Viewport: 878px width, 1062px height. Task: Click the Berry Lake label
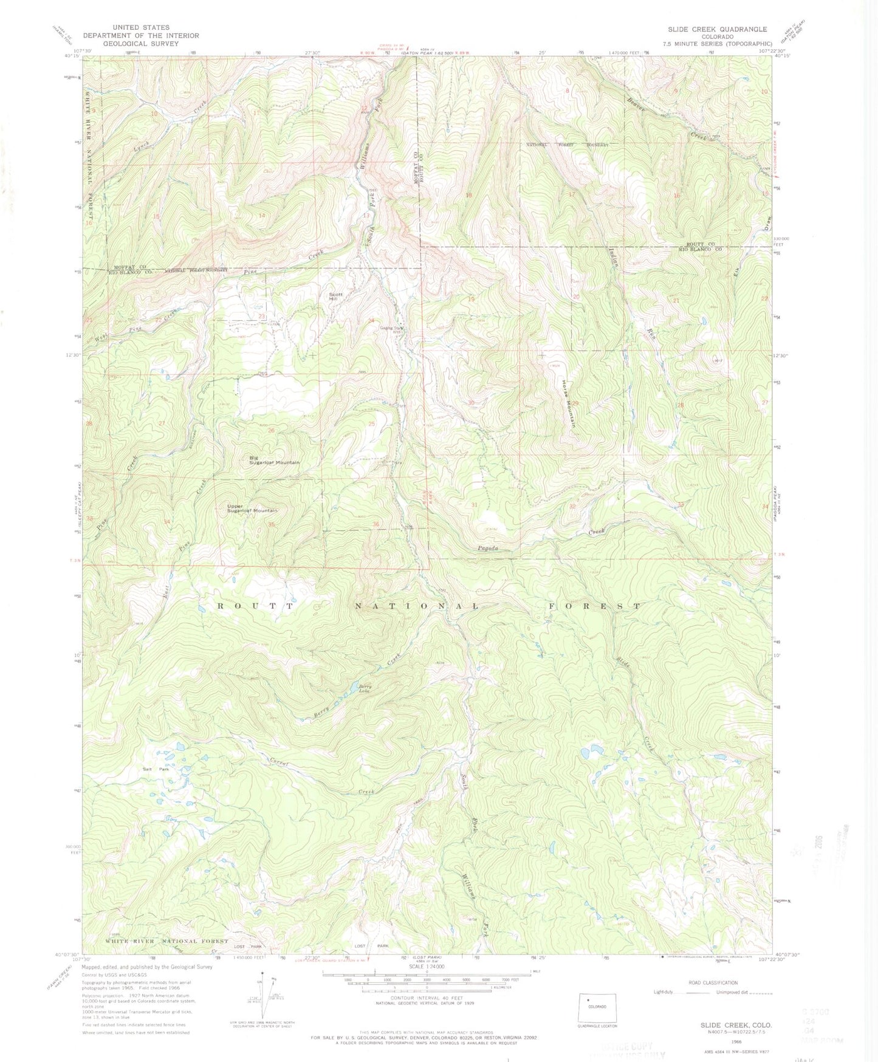click(x=365, y=689)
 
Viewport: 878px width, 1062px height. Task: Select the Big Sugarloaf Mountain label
click(x=274, y=460)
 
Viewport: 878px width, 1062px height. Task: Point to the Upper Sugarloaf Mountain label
click(x=252, y=508)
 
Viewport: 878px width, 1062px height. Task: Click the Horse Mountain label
click(x=568, y=403)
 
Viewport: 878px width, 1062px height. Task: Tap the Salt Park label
click(x=156, y=769)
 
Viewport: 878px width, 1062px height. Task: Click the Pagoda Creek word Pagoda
click(x=487, y=548)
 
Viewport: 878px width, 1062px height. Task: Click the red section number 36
click(x=376, y=524)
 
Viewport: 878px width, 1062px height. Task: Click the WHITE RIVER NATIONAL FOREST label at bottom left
click(x=166, y=941)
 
